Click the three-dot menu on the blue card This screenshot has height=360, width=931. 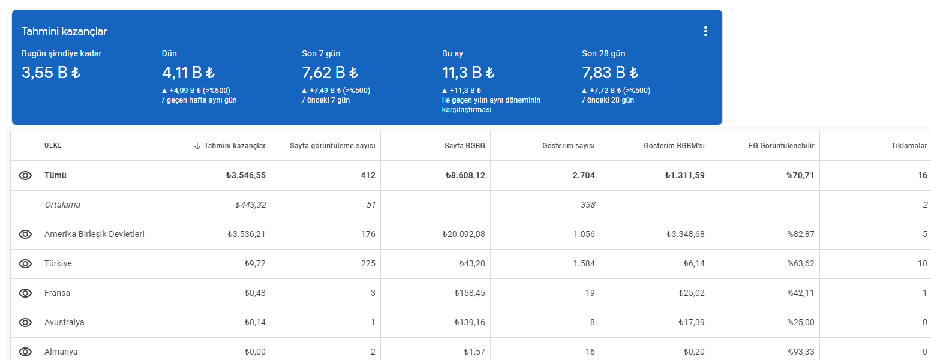tap(705, 31)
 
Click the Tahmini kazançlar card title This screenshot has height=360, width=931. tap(64, 31)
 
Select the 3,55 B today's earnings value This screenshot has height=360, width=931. tap(51, 73)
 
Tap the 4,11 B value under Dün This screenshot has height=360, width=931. tap(188, 73)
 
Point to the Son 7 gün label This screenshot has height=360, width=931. tap(321, 53)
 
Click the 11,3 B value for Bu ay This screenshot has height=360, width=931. tap(468, 73)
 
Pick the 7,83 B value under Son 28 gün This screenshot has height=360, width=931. tap(610, 73)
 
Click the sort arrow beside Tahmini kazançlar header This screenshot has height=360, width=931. tap(197, 146)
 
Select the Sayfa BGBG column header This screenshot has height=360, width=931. tap(465, 145)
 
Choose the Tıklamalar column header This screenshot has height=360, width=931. tap(909, 145)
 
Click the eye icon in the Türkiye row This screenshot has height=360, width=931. tap(25, 263)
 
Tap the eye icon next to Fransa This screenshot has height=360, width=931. tap(25, 293)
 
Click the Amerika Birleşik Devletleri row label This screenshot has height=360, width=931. tap(94, 234)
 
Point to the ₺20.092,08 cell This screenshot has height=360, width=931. tap(464, 234)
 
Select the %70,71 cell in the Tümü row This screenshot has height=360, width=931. tap(800, 175)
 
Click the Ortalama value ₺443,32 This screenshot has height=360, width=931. tap(250, 205)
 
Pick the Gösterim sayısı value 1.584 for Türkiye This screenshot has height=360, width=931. tap(584, 263)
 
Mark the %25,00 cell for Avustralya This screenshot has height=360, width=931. tap(800, 322)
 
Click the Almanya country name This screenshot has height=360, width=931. tap(61, 352)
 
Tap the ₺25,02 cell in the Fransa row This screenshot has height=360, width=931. tap(692, 293)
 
